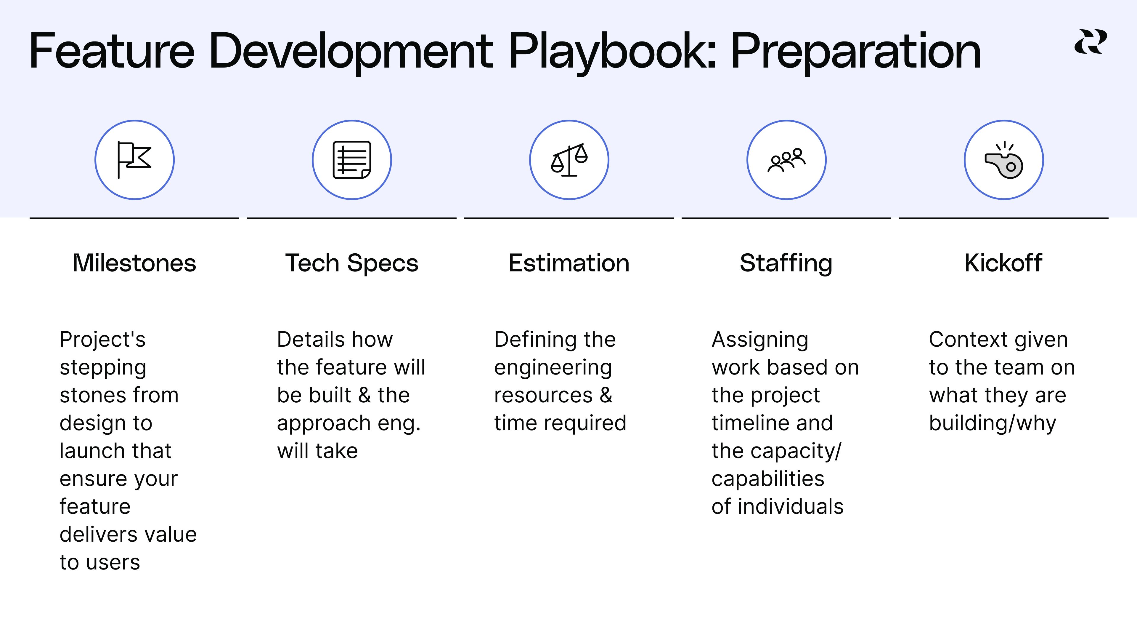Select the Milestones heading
134,263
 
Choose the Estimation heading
569,263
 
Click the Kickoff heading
1003,263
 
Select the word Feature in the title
112,51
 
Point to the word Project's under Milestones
102,340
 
